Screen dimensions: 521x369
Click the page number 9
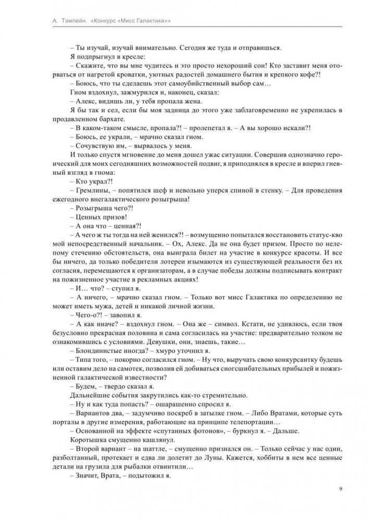(340, 489)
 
